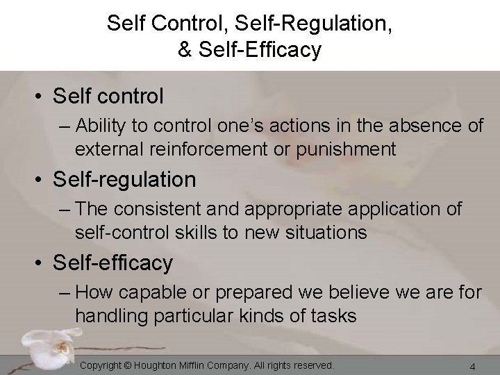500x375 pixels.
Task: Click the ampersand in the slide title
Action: click(x=185, y=50)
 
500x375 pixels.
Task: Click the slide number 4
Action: click(x=472, y=366)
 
